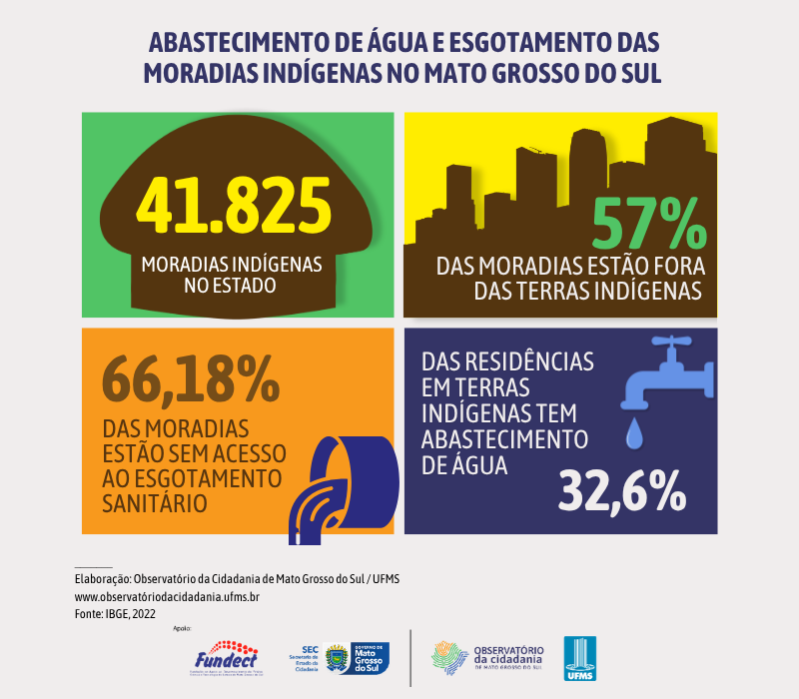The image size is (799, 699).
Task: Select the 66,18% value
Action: click(x=191, y=376)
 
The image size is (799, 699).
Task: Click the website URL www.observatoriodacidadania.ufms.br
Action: click(x=168, y=597)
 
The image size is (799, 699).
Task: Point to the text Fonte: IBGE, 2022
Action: click(x=116, y=614)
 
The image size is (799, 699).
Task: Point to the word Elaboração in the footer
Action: click(x=102, y=579)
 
